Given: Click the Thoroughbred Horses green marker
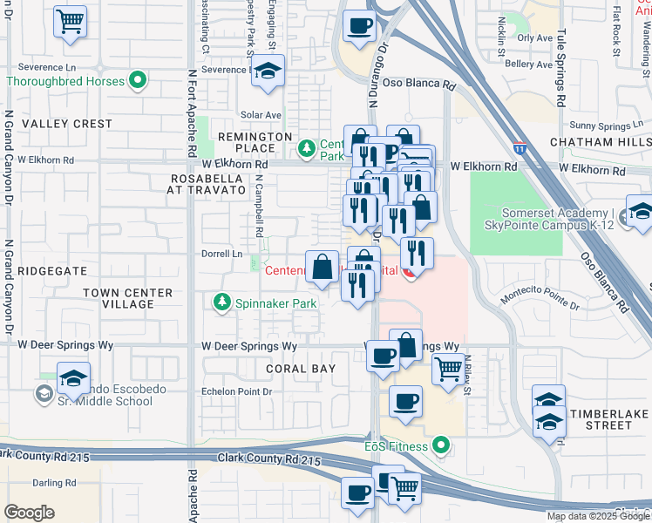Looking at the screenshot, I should [137, 81].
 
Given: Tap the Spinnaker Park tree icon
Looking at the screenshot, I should [221, 302].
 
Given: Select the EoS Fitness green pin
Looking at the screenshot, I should [441, 446].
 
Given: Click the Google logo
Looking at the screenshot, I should [29, 513].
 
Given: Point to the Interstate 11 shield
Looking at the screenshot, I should [519, 149].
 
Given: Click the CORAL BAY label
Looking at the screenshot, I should [301, 369].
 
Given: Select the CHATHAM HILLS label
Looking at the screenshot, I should [601, 141].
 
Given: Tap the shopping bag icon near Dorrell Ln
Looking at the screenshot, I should [322, 268].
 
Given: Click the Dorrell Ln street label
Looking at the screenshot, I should [222, 255].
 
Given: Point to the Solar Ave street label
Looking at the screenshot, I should [261, 115].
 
